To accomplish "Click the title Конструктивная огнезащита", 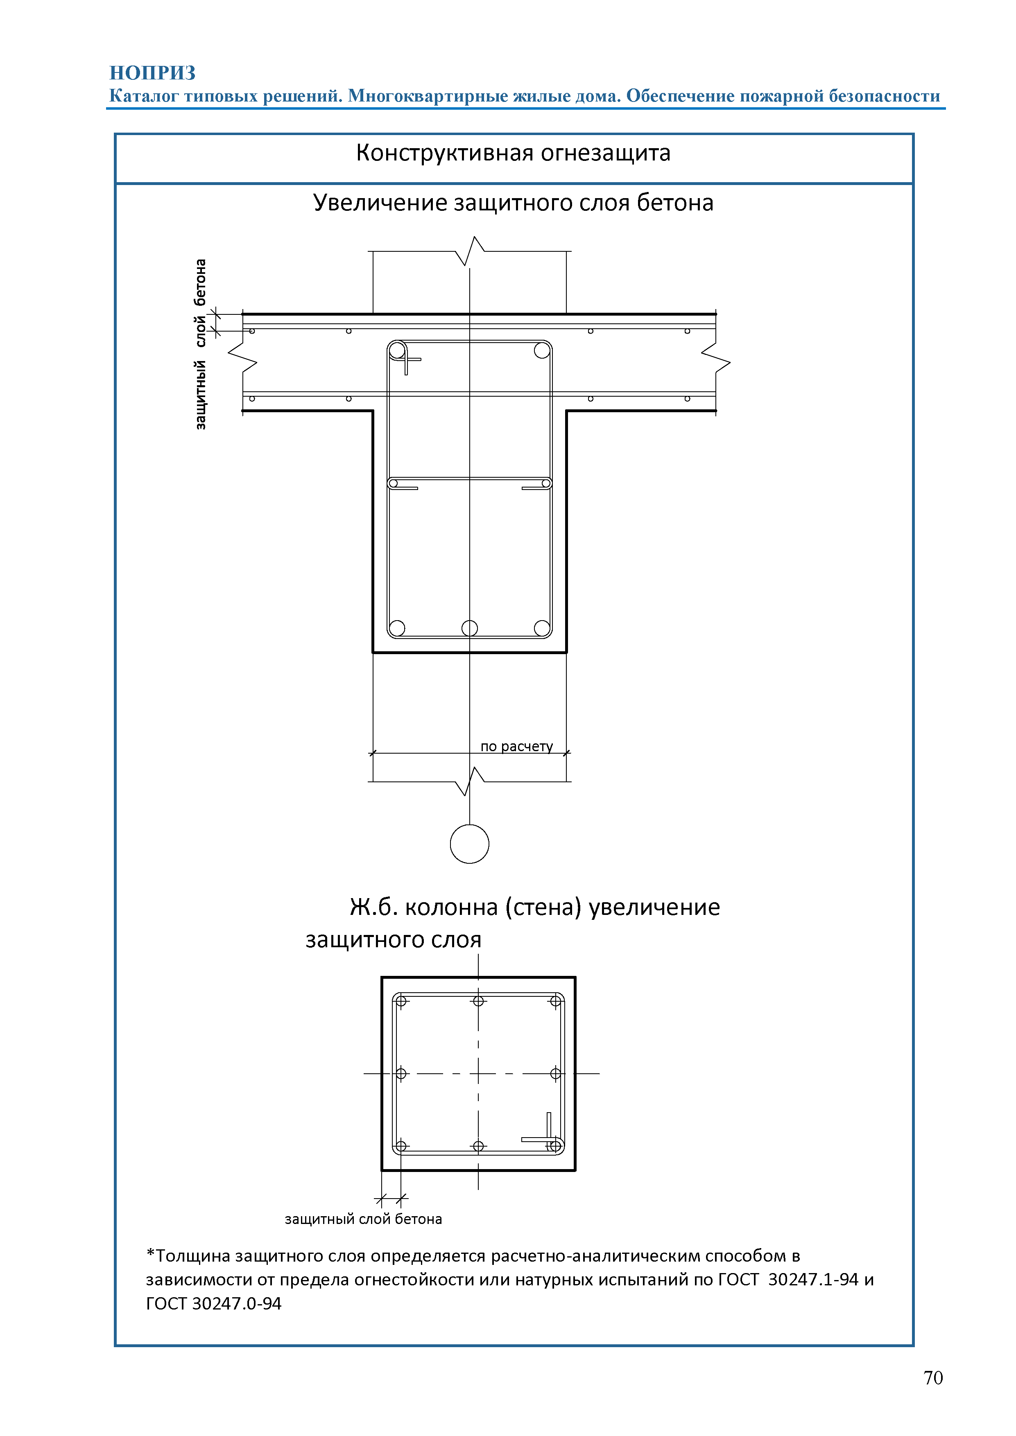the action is tap(513, 153).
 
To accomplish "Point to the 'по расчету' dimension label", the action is tap(517, 746).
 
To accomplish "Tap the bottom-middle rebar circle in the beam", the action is tap(469, 628).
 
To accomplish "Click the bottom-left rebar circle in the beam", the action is tap(397, 628).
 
